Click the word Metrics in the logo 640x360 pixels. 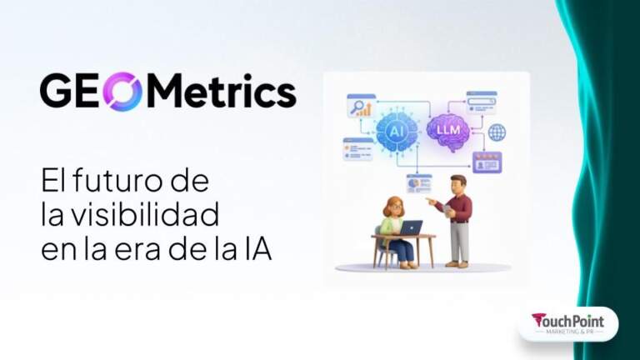[x=223, y=92]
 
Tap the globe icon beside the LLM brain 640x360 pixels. [x=497, y=132]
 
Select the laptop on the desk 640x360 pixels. [x=410, y=227]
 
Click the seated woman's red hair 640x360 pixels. [x=391, y=204]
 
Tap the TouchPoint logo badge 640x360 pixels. [x=567, y=323]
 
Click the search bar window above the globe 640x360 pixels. [x=482, y=100]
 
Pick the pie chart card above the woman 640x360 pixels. [x=418, y=182]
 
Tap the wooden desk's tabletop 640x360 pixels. [x=405, y=237]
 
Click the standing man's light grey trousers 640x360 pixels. [x=458, y=242]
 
